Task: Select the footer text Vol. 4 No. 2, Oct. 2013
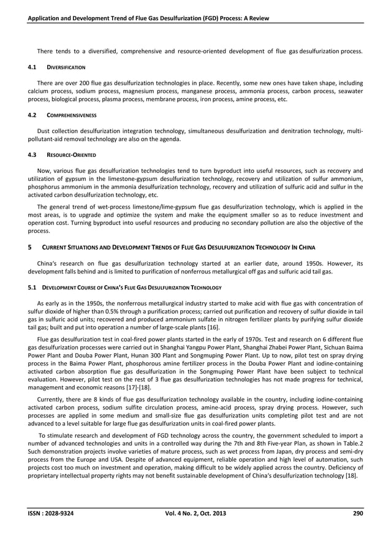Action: tap(196, 530)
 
